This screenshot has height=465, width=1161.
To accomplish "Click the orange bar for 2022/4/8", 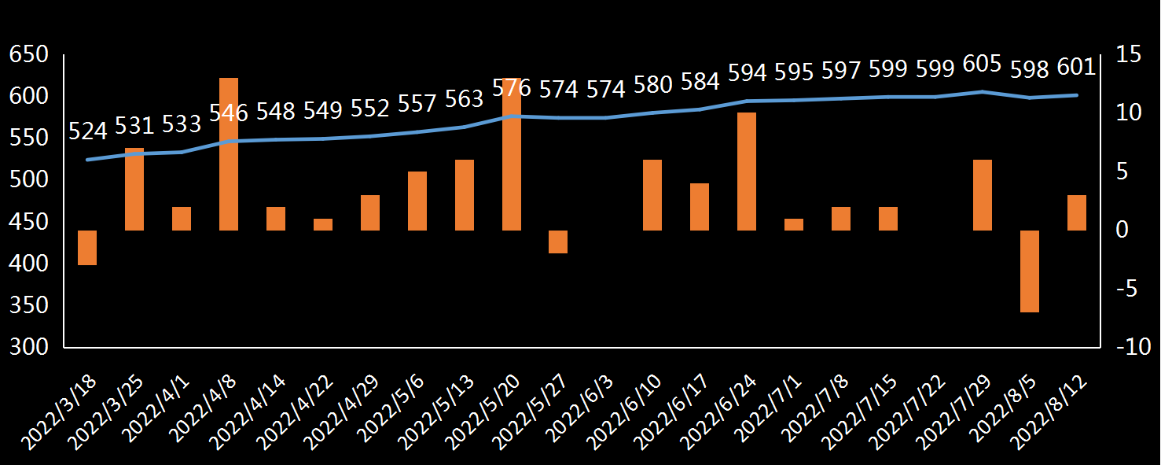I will pyautogui.click(x=229, y=154).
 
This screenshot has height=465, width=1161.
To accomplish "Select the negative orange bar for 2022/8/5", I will pyautogui.click(x=1030, y=271).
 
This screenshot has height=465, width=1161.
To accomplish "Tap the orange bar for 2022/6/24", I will pyautogui.click(x=747, y=172).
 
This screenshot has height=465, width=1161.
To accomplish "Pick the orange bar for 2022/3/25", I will pyautogui.click(x=134, y=189).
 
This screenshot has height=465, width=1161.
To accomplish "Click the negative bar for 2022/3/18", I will pyautogui.click(x=87, y=248).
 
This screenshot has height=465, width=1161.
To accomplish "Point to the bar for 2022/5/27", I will pyautogui.click(x=558, y=242).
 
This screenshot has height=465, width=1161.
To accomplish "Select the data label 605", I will pyautogui.click(x=982, y=65).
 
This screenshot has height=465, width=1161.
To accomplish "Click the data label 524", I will pyautogui.click(x=87, y=131).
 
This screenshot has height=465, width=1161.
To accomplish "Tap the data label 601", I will pyautogui.click(x=1076, y=68).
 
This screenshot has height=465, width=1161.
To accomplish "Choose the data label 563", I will pyautogui.click(x=464, y=100).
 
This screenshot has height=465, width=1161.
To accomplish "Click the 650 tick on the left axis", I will pyautogui.click(x=28, y=55).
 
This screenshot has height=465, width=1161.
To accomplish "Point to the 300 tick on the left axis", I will pyautogui.click(x=28, y=347).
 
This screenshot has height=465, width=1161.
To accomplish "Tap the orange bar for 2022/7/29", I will pyautogui.click(x=983, y=195).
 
